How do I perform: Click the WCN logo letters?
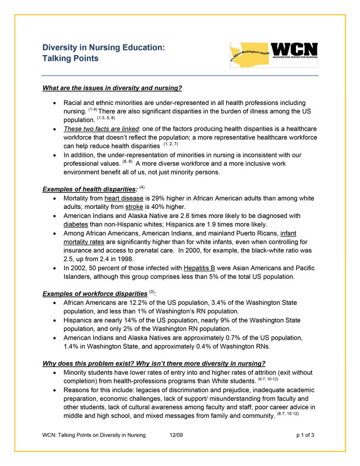[295, 50]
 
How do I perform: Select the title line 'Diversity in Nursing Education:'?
[103, 47]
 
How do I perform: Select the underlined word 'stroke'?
[134, 207]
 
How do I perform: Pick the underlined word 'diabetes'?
[76, 224]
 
